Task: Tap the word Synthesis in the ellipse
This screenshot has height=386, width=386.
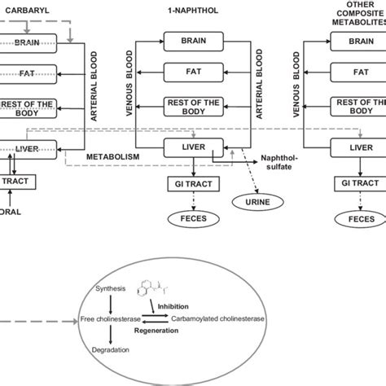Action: [x=111, y=288]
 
